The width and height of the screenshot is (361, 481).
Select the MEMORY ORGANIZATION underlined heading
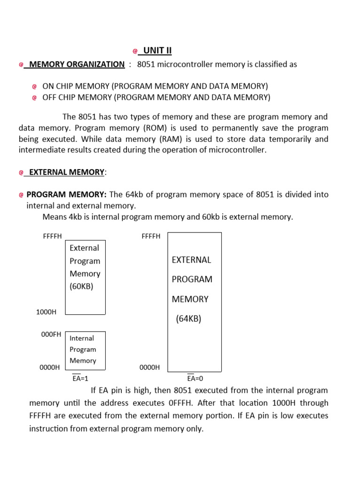pos(77,64)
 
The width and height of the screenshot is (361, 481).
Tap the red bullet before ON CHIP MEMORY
pos(34,86)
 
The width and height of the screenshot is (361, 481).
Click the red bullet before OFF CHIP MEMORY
pos(34,98)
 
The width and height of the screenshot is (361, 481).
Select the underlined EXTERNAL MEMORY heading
pos(66,172)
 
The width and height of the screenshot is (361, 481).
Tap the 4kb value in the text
pos(74,217)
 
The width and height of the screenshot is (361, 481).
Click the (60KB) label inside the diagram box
pos(81,286)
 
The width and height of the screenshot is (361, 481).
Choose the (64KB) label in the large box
pos(188,319)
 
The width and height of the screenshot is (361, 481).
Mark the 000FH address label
pos(51,334)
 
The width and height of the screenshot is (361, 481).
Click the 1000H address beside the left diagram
pos(46,312)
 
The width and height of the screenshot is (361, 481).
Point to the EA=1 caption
pos(80,378)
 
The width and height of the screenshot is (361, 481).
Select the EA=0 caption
pos(195,378)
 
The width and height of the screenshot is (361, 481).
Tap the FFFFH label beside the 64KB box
pos(150,236)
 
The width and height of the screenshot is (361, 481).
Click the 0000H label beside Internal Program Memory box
pos(49,367)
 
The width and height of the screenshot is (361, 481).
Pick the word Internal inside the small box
pos(82,338)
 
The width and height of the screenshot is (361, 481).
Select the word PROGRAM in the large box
pos(192,279)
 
